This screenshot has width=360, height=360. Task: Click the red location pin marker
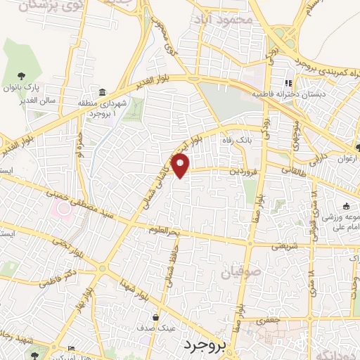click(x=181, y=166)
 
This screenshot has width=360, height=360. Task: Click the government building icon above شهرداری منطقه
click(x=103, y=93)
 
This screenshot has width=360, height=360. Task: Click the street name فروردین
click(x=239, y=171)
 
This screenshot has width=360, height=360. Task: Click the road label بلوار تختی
click(x=65, y=245)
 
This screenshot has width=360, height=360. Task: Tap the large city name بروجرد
click(x=207, y=345)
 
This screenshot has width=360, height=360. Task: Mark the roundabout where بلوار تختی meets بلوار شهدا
click(x=103, y=268)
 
